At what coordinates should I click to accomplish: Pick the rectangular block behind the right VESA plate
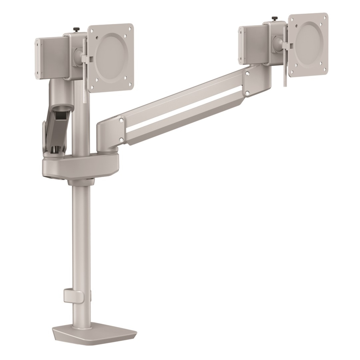click(x=254, y=44)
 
